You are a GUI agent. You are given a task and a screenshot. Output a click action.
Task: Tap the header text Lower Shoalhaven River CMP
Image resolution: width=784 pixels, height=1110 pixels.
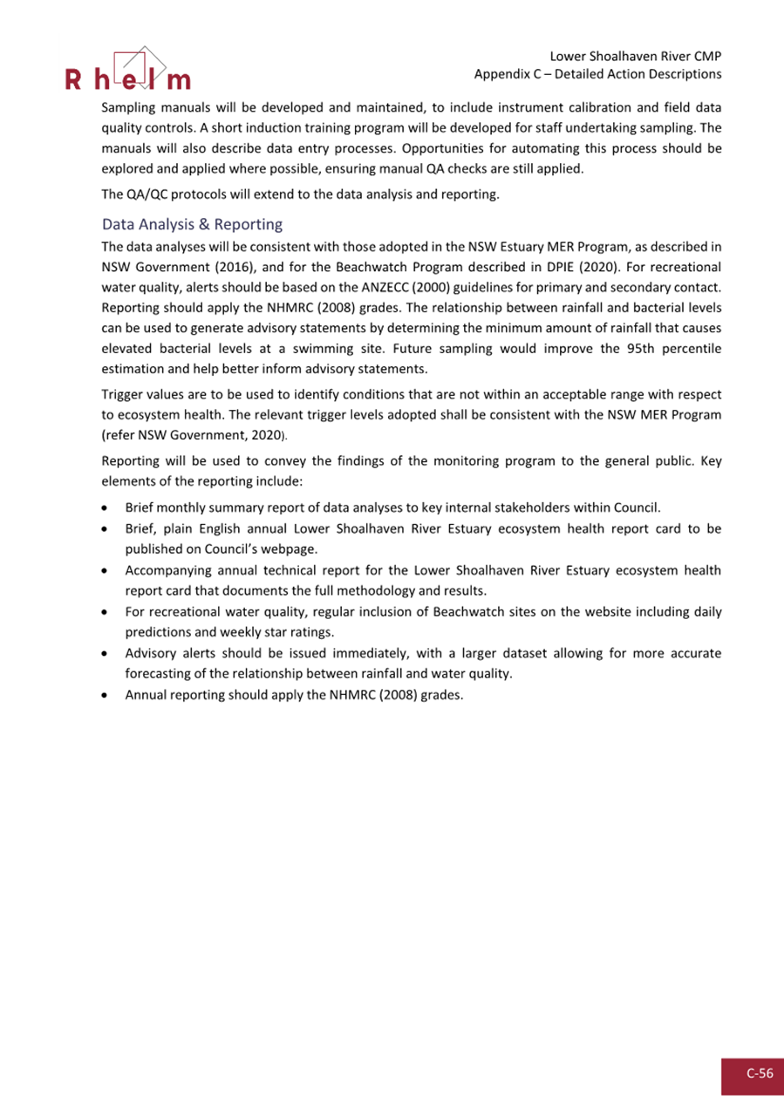tap(636, 56)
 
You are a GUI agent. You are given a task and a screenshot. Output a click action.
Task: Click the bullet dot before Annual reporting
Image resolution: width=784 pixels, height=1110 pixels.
tap(106, 696)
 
